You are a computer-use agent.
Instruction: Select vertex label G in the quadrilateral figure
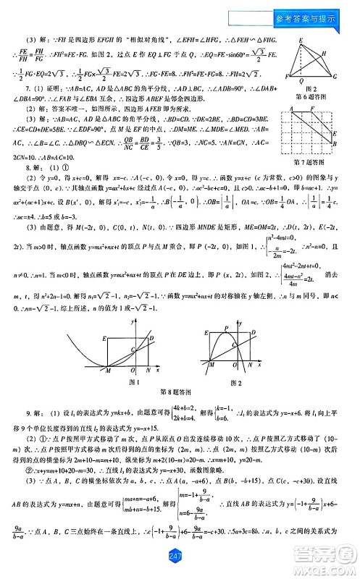tap(335, 76)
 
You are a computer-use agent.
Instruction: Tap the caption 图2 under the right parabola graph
tap(235, 381)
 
